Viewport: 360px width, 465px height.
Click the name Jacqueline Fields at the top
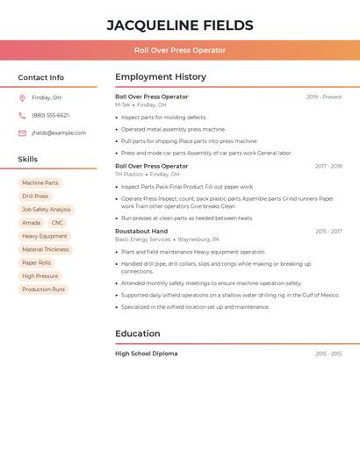(x=180, y=25)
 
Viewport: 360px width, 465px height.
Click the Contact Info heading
(x=40, y=77)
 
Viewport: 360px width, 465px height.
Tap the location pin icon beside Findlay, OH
(x=22, y=97)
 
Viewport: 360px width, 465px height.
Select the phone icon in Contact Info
(x=22, y=115)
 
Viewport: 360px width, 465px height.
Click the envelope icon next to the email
(x=22, y=133)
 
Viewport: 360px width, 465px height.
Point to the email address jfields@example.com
(x=59, y=133)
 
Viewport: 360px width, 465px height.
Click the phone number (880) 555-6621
(x=50, y=115)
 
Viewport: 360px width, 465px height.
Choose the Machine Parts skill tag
(x=40, y=183)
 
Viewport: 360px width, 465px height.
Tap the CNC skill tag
(x=57, y=223)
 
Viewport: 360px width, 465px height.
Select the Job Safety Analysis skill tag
(x=47, y=210)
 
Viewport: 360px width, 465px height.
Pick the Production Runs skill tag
(x=44, y=290)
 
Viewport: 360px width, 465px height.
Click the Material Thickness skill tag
(x=46, y=249)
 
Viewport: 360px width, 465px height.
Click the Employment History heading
(x=161, y=77)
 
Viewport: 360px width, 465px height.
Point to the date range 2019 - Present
(x=324, y=97)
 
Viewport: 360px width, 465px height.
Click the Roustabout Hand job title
(x=141, y=232)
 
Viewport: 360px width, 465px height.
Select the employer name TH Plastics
(x=129, y=174)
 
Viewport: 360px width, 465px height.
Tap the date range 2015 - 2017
(x=328, y=232)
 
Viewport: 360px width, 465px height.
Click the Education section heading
(x=138, y=333)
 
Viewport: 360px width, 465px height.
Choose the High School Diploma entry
(x=147, y=354)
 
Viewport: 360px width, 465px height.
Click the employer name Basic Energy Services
(x=143, y=240)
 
